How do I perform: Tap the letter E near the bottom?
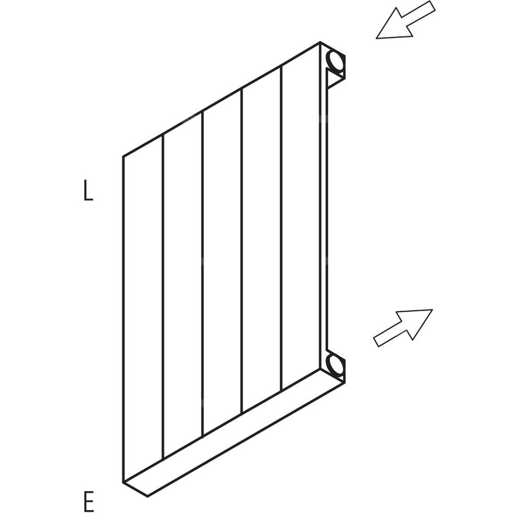coord(88,502)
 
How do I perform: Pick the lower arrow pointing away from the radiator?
coord(403,327)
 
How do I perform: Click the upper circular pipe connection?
coord(335,61)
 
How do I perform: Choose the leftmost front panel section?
coord(143,309)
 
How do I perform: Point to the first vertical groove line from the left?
coord(163,298)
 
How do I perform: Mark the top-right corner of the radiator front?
coord(320,43)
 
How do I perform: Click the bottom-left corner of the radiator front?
coord(123,482)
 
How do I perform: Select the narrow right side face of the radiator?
coord(324,209)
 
